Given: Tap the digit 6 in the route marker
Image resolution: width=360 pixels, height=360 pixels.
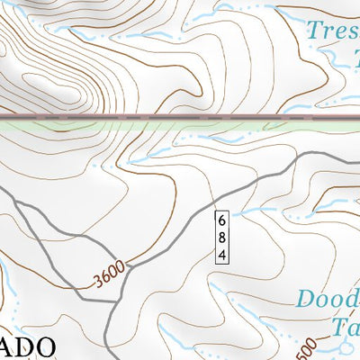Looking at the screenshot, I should tap(221, 220).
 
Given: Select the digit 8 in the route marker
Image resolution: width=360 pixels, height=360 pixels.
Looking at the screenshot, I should tap(221, 237).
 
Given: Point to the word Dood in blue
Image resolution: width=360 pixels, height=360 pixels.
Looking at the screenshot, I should tap(329, 300).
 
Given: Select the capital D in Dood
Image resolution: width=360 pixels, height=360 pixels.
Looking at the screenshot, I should tap(307, 300).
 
